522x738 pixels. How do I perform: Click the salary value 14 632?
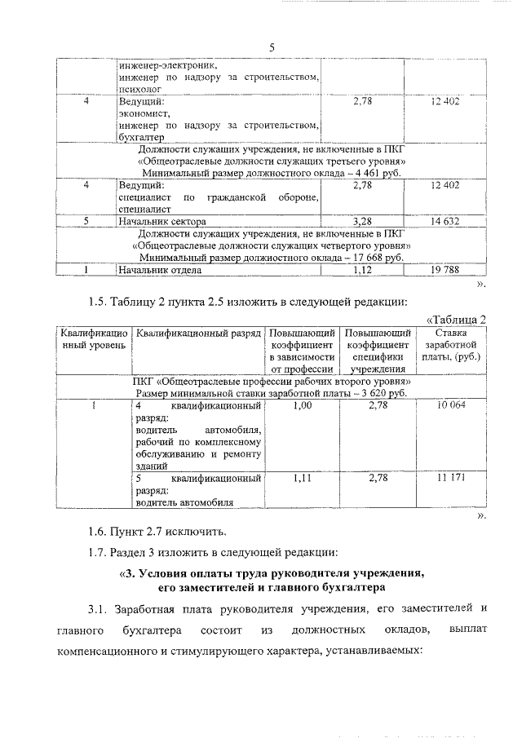[444, 221]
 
